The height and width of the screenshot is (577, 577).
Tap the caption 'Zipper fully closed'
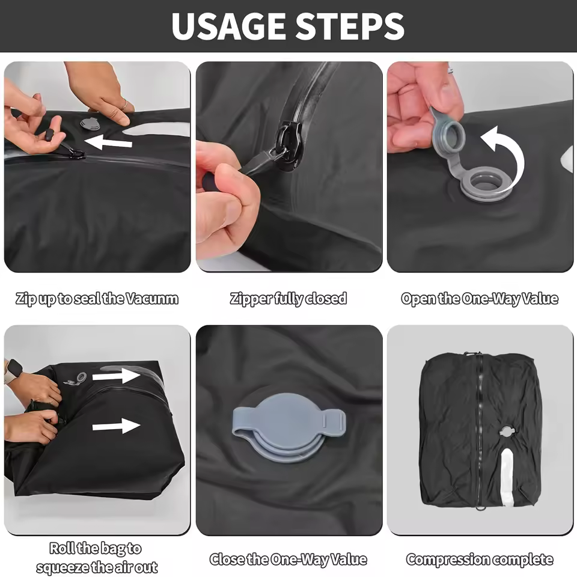click(288, 299)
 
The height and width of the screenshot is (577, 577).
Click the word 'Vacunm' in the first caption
click(153, 299)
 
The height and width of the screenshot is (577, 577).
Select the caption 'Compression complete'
click(480, 560)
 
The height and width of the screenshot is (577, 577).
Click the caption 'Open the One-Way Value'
click(480, 299)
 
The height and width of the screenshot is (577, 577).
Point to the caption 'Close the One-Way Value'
click(288, 560)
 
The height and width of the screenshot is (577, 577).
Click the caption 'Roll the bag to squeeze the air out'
click(96, 557)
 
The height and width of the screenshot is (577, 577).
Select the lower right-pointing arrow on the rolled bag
click(116, 427)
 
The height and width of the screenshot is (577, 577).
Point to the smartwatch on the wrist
click(13, 371)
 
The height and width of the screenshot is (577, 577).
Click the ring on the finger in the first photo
click(124, 106)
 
